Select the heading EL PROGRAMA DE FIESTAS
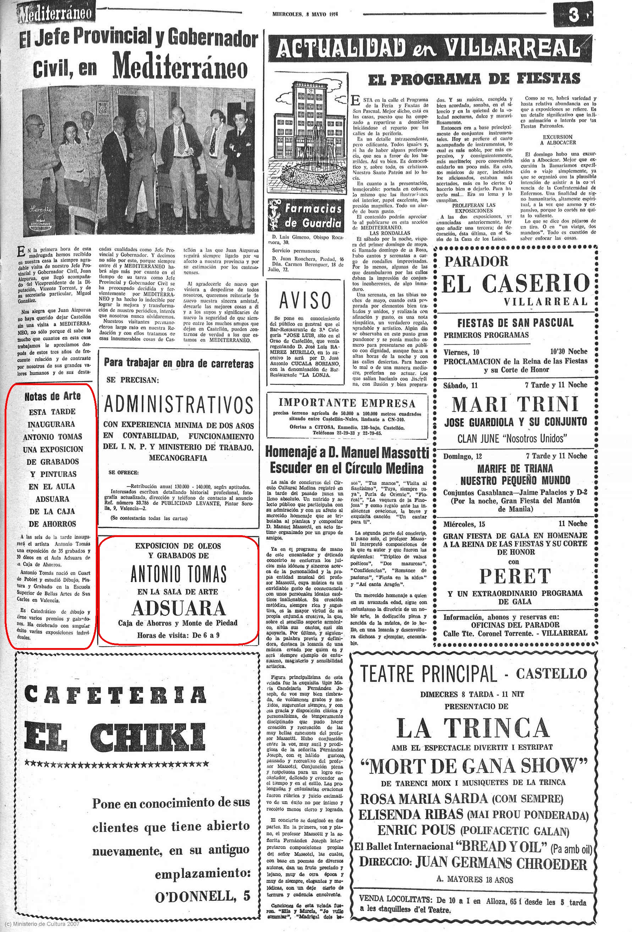(474, 78)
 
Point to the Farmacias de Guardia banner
(306, 215)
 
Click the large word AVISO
(305, 300)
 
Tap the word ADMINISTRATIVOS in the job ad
(178, 405)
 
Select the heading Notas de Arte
(52, 396)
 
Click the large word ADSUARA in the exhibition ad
(179, 608)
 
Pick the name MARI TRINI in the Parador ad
(515, 404)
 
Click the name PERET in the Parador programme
(515, 576)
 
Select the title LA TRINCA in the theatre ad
(472, 728)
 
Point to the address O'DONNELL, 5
(203, 896)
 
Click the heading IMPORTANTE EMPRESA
(347, 402)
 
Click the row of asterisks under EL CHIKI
(116, 763)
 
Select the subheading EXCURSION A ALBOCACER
(557, 139)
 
